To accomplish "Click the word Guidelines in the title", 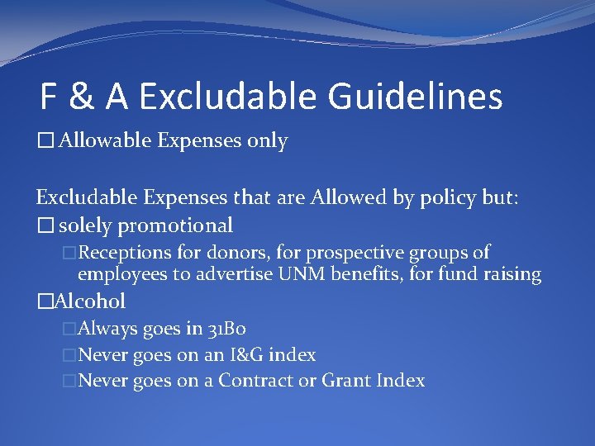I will pos(415,97).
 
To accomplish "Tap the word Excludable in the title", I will pos(228,97).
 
